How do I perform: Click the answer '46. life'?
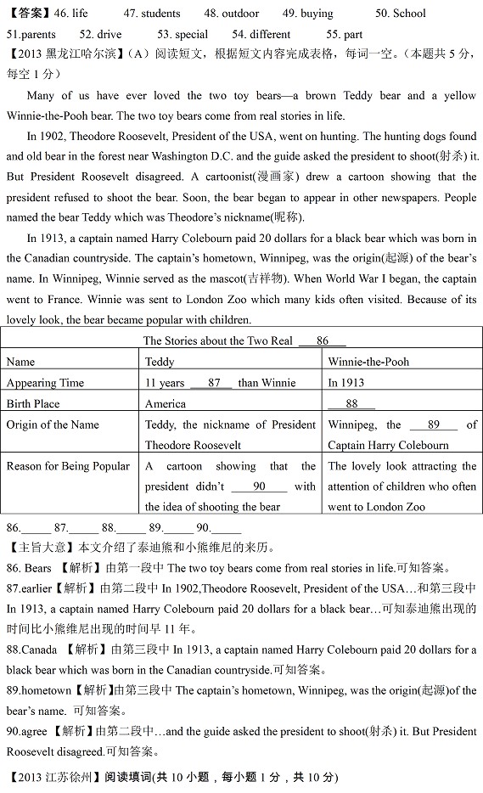[70, 14]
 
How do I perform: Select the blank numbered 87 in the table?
[213, 383]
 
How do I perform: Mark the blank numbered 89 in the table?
[433, 425]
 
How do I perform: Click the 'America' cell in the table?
[166, 404]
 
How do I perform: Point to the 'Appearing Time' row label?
[45, 383]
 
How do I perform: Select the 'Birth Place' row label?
[33, 404]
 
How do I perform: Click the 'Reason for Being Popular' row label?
[68, 466]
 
